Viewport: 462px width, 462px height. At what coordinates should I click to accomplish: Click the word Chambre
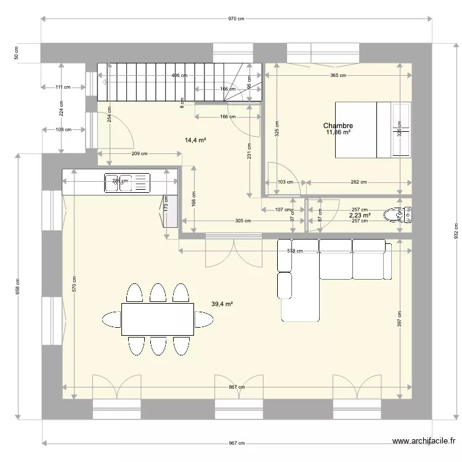338,125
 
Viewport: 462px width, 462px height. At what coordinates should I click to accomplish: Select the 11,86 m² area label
338,132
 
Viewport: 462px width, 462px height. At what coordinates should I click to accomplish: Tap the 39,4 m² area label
222,304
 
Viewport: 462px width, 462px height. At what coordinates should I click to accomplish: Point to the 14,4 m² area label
195,140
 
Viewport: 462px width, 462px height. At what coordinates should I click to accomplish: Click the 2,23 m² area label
360,215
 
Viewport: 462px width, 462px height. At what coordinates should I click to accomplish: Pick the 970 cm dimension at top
236,19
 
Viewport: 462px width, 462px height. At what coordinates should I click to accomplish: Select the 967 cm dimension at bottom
236,443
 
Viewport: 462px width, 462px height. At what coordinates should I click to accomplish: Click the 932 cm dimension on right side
456,230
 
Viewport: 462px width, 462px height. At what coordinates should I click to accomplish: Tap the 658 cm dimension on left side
18,285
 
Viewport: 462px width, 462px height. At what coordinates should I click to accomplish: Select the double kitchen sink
127,183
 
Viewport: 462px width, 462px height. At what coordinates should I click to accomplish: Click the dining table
158,318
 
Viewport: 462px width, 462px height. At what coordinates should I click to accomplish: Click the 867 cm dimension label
236,387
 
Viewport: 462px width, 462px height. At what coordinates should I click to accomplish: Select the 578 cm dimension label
295,251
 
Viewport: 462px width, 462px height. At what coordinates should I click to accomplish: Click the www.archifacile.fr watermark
424,441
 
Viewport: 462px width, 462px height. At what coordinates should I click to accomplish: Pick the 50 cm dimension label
16,53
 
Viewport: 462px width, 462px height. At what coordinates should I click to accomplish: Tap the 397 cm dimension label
400,321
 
